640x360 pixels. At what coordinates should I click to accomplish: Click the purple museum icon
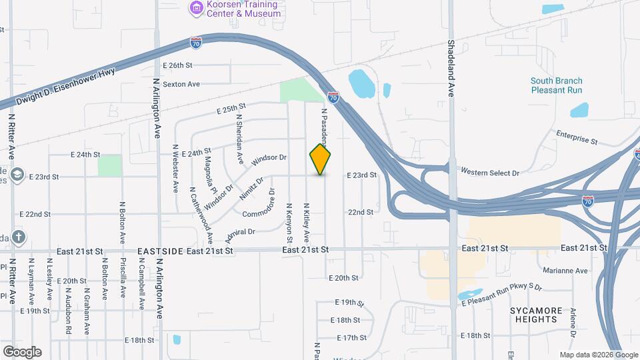point(196,8)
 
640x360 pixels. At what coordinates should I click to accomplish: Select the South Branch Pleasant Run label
point(556,85)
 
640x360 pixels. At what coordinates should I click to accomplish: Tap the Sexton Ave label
point(182,84)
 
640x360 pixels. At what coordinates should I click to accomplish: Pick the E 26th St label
point(177,65)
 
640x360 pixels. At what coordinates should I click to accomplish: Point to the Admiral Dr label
point(241,231)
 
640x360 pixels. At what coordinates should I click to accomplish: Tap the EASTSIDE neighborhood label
point(159,251)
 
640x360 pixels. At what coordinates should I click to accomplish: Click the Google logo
point(22,351)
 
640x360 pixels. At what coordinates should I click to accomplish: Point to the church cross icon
point(18,237)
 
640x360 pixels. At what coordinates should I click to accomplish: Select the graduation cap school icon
point(17,175)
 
